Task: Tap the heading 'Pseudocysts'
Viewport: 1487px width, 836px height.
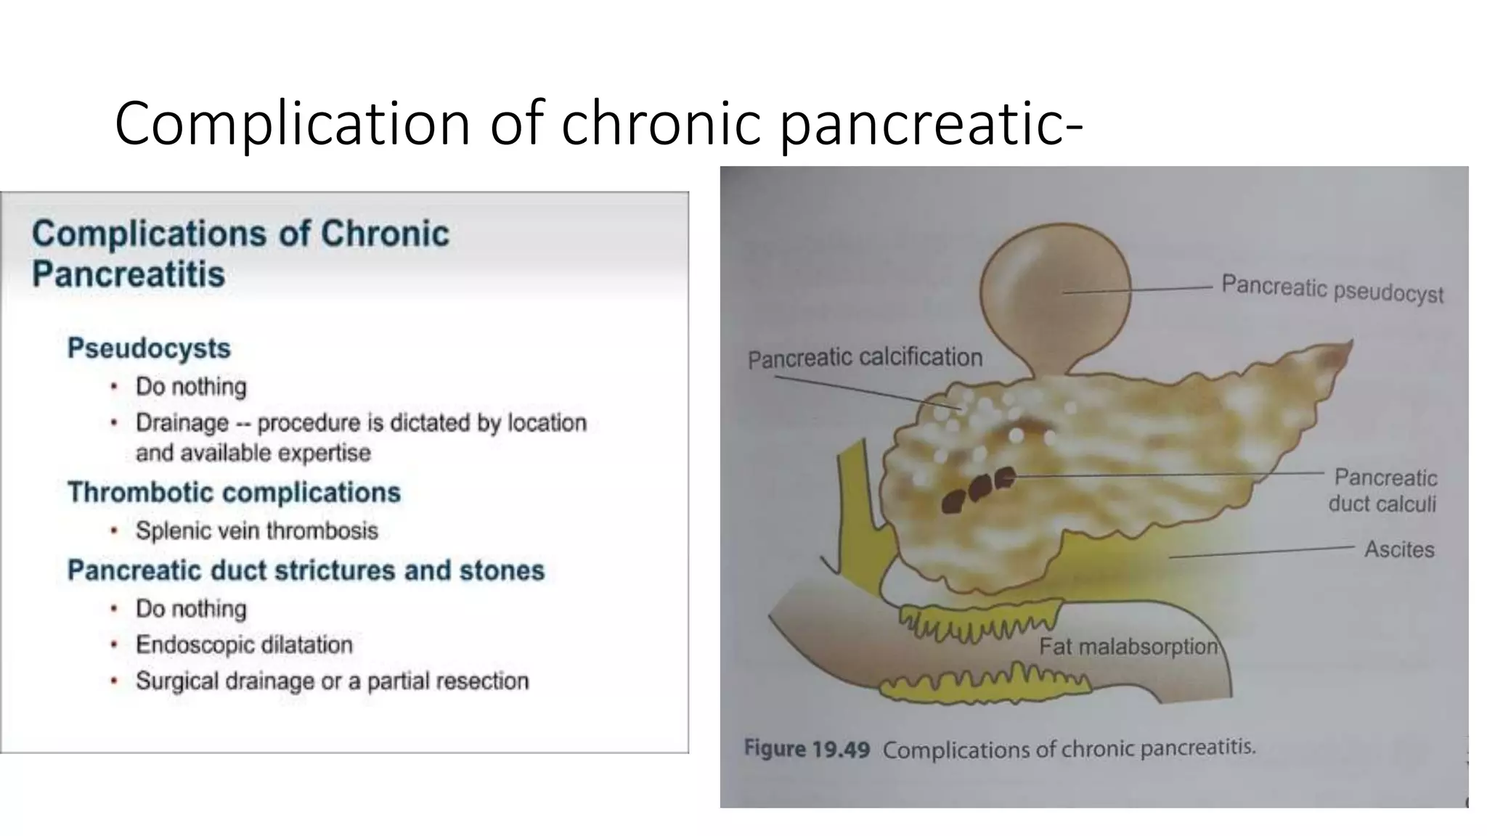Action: tap(149, 348)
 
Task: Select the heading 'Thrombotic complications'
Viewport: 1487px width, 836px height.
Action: tap(234, 493)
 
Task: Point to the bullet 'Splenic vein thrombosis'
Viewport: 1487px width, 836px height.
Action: tap(257, 530)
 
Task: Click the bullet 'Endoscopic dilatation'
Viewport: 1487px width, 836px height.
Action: tap(244, 644)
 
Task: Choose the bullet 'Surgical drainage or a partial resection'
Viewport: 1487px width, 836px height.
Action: tap(332, 681)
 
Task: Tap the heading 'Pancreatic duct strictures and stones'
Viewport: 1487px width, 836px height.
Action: tap(306, 570)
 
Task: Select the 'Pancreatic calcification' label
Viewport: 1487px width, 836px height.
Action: tap(865, 358)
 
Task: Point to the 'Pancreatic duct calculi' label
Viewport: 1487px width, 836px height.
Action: tap(1383, 491)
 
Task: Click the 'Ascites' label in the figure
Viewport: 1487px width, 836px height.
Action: tap(1399, 549)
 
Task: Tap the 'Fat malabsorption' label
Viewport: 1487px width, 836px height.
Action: tap(1128, 646)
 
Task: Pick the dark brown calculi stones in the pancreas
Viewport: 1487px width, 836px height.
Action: tap(977, 490)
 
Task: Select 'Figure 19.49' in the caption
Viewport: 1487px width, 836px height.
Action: tap(807, 749)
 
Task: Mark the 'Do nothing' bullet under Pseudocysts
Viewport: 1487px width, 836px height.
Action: tap(191, 386)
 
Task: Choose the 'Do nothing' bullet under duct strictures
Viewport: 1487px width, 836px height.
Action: tap(191, 608)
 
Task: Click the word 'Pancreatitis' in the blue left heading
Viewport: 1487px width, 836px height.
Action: tap(129, 274)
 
